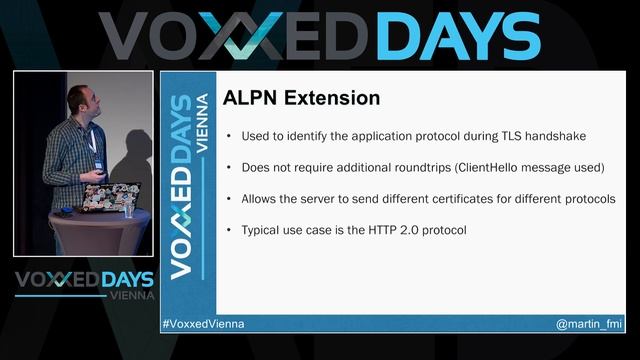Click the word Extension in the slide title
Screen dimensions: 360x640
point(333,99)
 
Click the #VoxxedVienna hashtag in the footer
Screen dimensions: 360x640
point(203,325)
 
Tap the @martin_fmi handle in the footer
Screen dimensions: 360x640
point(590,325)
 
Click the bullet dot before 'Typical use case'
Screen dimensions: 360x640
point(231,230)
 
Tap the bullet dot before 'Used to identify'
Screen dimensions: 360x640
point(231,136)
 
